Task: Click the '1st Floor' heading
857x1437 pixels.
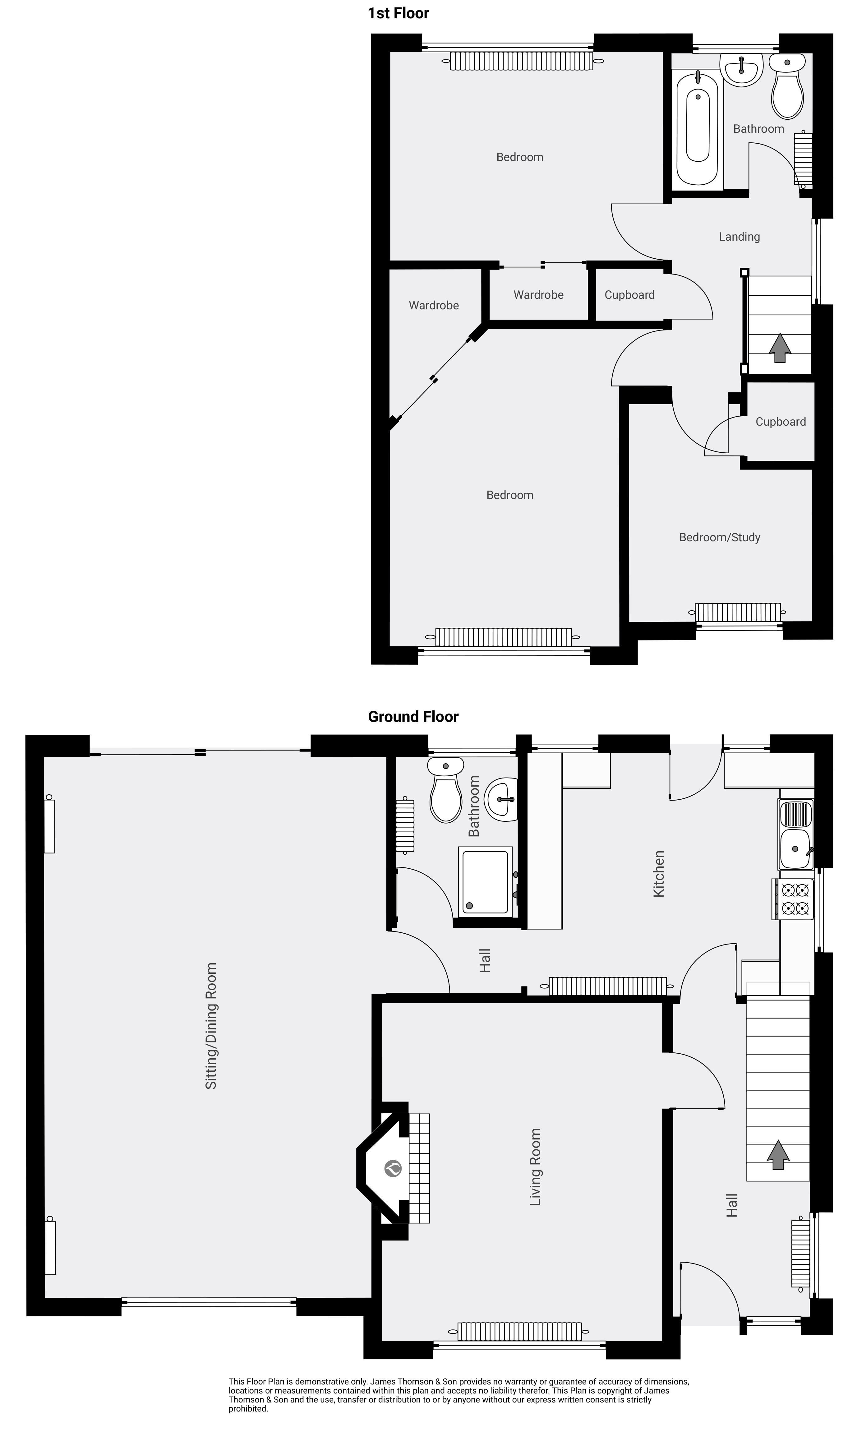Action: (399, 13)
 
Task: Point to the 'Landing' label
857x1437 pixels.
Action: (739, 237)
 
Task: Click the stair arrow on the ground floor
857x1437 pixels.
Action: (778, 1155)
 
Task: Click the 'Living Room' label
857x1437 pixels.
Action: (535, 1167)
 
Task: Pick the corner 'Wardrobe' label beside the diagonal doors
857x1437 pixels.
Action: (434, 306)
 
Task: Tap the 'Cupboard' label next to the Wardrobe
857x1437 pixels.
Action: (629, 295)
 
